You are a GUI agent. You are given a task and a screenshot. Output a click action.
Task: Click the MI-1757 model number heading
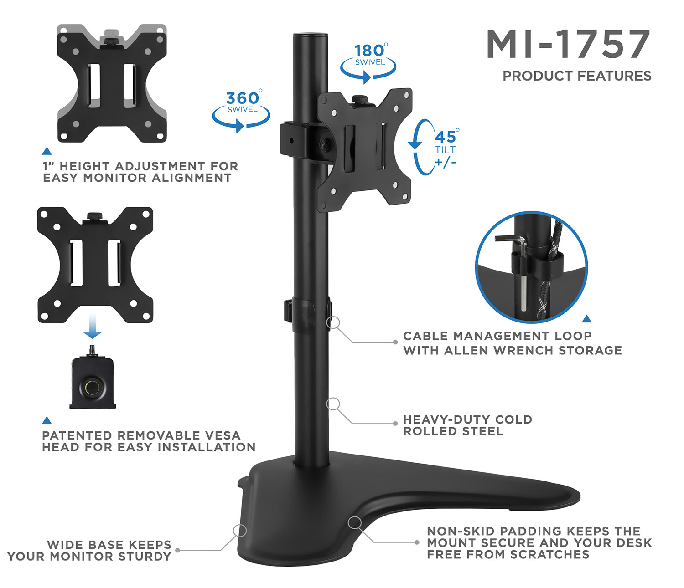point(568,44)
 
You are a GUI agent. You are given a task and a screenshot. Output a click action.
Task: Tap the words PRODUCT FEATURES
point(577,76)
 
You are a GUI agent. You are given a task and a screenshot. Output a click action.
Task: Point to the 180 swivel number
point(370,50)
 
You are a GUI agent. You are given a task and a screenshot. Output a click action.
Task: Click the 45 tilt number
point(445,137)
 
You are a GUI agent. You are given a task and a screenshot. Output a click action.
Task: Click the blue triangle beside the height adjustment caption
point(47,151)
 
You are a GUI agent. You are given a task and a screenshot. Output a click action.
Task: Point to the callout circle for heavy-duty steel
point(333,404)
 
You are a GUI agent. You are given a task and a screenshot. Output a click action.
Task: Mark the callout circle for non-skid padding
point(354,523)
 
